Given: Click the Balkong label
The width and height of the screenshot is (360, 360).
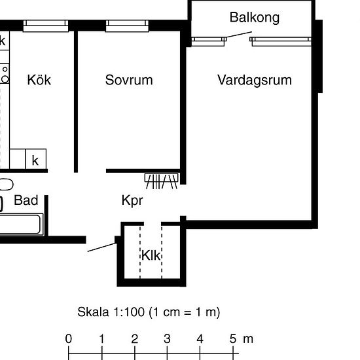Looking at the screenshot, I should (x=254, y=17).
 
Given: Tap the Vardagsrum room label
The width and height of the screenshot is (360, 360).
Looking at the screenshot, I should (x=255, y=80).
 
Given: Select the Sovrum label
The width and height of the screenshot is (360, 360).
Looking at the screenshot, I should (x=129, y=80).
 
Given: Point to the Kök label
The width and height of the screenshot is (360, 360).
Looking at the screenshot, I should (x=39, y=80).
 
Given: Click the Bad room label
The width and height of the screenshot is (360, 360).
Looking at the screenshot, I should (x=26, y=200).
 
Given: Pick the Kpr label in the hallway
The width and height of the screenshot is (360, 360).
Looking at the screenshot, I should (x=132, y=200).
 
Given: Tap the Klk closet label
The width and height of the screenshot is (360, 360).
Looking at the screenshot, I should (x=151, y=255).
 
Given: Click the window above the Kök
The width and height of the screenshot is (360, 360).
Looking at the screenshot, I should (x=46, y=26).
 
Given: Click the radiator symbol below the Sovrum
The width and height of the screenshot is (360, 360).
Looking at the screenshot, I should (x=161, y=180).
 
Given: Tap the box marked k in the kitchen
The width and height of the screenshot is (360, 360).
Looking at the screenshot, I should (x=35, y=160).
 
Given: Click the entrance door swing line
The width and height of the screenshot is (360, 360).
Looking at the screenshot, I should (x=101, y=246).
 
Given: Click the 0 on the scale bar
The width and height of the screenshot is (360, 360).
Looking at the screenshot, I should (x=69, y=339).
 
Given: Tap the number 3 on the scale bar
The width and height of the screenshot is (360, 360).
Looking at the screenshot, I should (x=168, y=339).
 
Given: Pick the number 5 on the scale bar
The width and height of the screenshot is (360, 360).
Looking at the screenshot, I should (x=233, y=339).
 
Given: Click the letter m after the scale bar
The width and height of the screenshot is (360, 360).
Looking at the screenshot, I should (x=248, y=339).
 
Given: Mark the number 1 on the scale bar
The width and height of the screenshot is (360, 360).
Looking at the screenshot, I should (x=101, y=339).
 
